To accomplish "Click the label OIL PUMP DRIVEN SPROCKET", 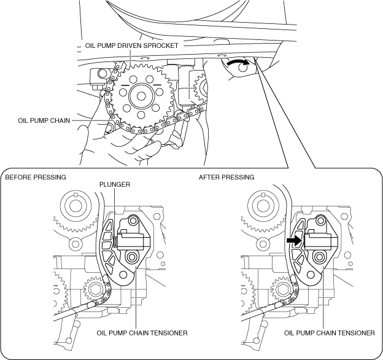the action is point(131,45).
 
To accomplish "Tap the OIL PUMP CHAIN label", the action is point(44,120).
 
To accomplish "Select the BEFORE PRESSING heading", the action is point(36,177).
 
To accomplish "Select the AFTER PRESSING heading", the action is point(226,177).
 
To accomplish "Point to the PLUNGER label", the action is point(115,184).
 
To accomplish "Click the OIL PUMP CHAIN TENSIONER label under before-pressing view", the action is point(142,333).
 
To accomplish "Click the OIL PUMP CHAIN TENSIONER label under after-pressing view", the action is point(329,333).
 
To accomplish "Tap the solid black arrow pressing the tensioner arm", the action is point(295,240).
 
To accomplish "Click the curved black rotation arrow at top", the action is point(238,62).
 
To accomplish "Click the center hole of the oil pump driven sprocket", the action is point(141,96).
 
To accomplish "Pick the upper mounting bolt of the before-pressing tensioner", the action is point(133,221).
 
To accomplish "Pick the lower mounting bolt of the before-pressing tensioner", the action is point(131,257).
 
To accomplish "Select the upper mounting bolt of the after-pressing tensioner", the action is point(320,221).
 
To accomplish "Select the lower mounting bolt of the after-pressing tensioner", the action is point(319,257).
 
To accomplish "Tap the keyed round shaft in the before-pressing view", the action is point(75,206).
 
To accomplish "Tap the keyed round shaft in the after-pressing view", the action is point(263,206).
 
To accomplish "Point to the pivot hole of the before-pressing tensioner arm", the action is point(123,275).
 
